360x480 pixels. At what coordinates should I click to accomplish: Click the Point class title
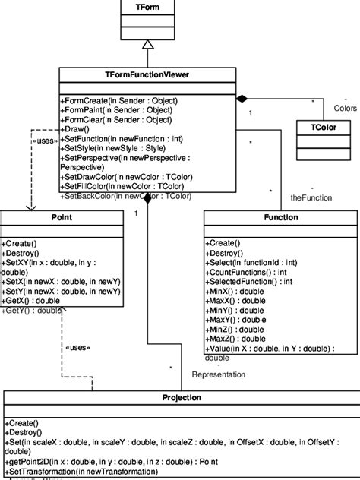(x=60, y=217)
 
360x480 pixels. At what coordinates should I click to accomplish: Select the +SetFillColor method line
(x=118, y=186)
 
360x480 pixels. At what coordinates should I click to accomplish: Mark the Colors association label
(x=346, y=107)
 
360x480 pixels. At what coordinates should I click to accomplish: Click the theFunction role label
(x=291, y=197)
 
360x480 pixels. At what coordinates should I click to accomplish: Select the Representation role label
(x=219, y=374)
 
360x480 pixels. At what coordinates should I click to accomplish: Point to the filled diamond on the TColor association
(x=242, y=99)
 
